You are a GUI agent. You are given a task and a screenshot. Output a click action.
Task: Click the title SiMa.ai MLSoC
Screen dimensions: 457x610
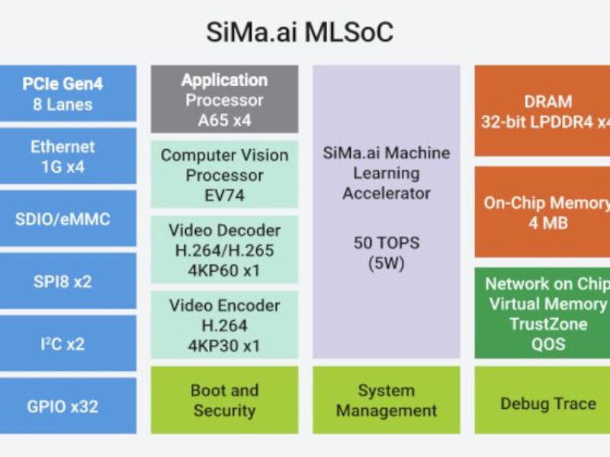(x=300, y=34)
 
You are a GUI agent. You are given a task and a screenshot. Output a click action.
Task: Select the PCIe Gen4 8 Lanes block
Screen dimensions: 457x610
(x=68, y=94)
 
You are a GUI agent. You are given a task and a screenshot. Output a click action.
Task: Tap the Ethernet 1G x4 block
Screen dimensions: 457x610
(x=68, y=156)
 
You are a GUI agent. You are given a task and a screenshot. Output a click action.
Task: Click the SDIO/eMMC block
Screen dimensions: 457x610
(x=68, y=219)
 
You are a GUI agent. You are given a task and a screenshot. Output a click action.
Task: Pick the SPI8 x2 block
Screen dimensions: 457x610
(x=68, y=281)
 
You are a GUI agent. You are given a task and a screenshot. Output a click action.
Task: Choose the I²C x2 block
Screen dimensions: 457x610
(x=68, y=344)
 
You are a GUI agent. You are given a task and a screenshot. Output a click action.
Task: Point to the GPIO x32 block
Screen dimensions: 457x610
(x=68, y=406)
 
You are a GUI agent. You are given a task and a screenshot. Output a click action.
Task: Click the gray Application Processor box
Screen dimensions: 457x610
(x=224, y=100)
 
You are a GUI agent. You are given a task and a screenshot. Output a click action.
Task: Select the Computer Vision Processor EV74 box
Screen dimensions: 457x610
(x=224, y=174)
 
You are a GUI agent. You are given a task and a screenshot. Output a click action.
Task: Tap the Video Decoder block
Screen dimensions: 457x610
(x=224, y=250)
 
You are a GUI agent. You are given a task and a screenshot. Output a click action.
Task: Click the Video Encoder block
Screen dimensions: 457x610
(x=224, y=324)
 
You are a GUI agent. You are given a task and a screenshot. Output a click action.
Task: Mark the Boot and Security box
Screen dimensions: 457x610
(x=224, y=401)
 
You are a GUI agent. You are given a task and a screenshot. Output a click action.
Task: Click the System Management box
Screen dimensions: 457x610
(x=387, y=401)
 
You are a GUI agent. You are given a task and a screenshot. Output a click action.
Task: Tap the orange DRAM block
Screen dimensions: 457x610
(x=543, y=111)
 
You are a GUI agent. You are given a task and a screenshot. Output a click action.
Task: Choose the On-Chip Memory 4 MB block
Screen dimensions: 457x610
(x=543, y=213)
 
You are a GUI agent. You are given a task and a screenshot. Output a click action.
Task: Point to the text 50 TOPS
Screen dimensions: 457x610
(x=387, y=243)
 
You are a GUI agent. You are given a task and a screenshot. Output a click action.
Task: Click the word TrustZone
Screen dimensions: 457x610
(x=548, y=324)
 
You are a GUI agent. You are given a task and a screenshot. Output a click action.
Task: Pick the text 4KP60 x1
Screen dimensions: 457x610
(x=224, y=270)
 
